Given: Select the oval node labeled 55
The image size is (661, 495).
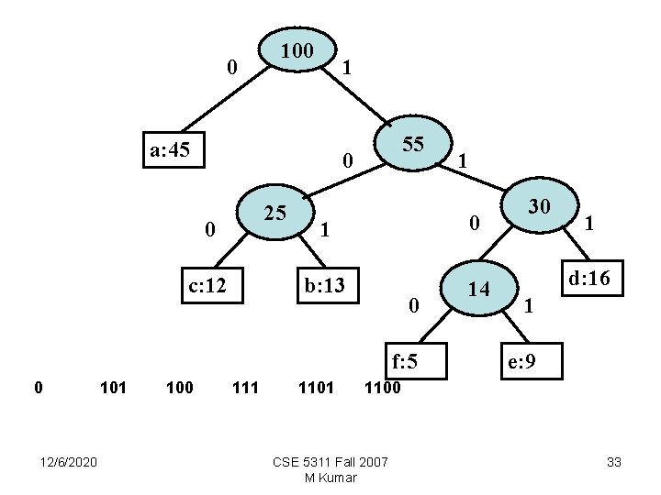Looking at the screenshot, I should (413, 145).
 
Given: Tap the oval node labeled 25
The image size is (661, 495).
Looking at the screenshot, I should (274, 214).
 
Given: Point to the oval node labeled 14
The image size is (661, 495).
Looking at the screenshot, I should (477, 290).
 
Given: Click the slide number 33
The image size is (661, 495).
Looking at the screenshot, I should (614, 462).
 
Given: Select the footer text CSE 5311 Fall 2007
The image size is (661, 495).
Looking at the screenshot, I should (330, 461).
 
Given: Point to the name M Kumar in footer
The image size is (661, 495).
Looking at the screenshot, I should (330, 477).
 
